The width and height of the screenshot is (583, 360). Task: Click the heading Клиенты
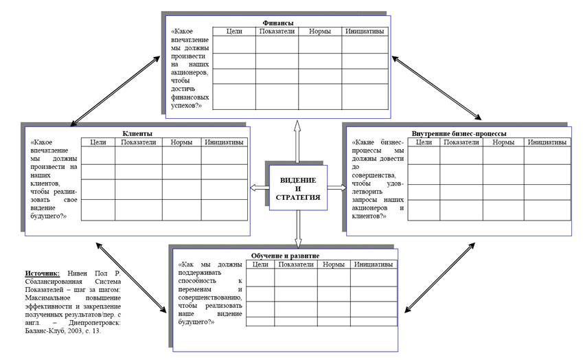tap(137, 133)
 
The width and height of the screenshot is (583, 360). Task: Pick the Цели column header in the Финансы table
tap(234, 31)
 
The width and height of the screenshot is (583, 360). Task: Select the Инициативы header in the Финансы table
tap(365, 31)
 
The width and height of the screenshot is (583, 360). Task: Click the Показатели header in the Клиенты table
tap(138, 142)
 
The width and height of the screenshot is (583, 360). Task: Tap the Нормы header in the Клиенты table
tap(181, 142)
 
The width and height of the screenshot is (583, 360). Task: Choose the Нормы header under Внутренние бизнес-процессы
tap(503, 142)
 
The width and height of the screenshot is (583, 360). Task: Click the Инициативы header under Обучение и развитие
tap(373, 265)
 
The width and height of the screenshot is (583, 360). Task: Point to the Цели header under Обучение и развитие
tap(260, 265)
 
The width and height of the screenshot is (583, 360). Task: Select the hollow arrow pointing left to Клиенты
tap(258, 188)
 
